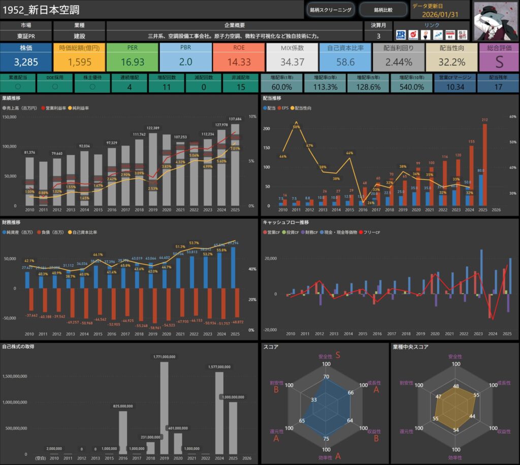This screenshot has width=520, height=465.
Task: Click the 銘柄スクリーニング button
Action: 331,10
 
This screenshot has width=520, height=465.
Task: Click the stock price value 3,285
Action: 26,62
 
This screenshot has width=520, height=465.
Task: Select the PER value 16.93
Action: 133,62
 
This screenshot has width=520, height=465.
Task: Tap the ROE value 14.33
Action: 239,62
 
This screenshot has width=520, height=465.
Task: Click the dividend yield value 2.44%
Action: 399,62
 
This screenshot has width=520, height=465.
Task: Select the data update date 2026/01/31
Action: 440,14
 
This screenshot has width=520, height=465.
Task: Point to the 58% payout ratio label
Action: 297,127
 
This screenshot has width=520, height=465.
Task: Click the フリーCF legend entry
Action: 370,232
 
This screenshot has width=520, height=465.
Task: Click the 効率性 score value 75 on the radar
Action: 326,439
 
